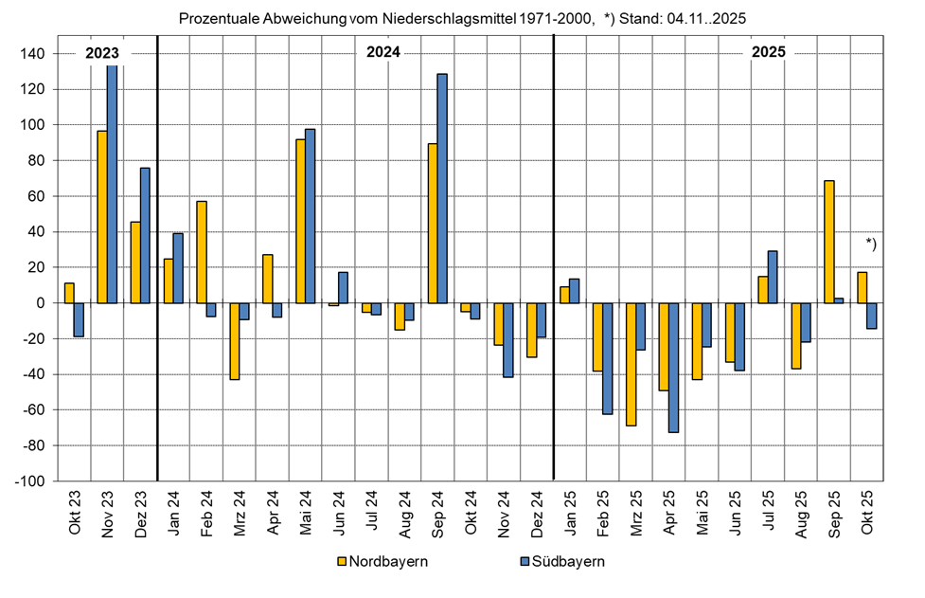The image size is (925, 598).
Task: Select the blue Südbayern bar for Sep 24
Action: click(x=442, y=189)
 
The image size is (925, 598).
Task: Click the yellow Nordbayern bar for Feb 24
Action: click(x=201, y=252)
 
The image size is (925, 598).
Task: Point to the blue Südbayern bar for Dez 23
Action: click(x=145, y=235)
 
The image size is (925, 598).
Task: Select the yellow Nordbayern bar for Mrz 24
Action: click(x=234, y=341)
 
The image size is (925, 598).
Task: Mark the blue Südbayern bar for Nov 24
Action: click(x=508, y=340)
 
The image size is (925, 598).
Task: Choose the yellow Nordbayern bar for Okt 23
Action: click(x=69, y=293)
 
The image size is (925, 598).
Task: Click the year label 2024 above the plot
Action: click(x=383, y=53)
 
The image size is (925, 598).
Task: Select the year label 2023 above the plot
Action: click(x=102, y=53)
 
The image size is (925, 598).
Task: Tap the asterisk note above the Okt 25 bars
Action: click(x=871, y=244)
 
